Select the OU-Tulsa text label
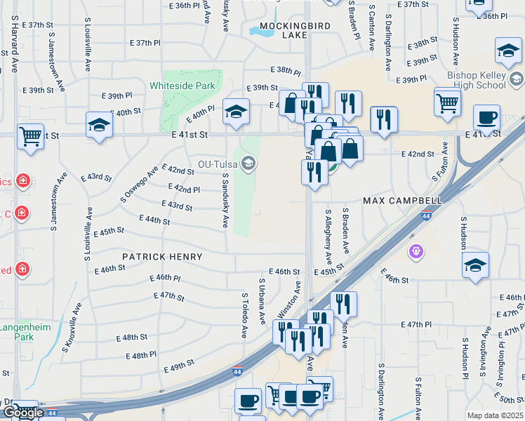click(x=218, y=164)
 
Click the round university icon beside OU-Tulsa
click(x=248, y=164)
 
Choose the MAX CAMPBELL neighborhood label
click(x=402, y=201)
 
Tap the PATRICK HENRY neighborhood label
click(x=162, y=257)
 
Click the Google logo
click(x=23, y=413)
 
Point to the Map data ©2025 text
click(x=496, y=415)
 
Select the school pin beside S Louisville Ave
click(x=99, y=126)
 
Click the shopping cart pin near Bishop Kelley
click(x=447, y=102)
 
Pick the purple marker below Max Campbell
click(x=416, y=250)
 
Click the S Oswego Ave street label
click(x=140, y=184)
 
